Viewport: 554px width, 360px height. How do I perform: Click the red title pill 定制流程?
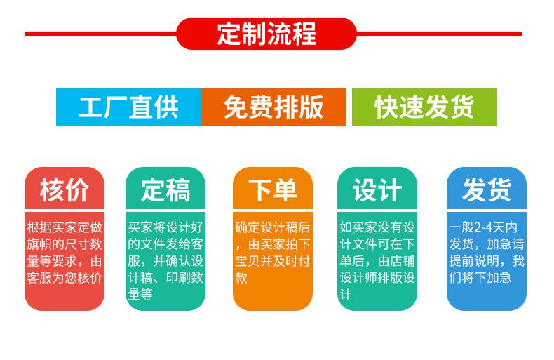coord(266,34)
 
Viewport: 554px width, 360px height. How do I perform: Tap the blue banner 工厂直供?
coord(128,107)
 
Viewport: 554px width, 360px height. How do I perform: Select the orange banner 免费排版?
coord(273,107)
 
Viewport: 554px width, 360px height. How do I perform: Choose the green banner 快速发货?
coord(424,107)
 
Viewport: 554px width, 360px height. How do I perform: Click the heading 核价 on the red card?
coord(65,190)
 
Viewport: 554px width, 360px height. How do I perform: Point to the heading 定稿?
coord(165,190)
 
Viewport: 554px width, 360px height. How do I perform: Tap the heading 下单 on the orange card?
coord(273,190)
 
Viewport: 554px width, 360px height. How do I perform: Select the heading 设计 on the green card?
coord(377,190)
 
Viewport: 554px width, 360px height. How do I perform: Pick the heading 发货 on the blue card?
coord(487,190)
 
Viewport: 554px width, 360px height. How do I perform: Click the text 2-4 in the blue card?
coord(483,227)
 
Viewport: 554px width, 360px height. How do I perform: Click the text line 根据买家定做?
coord(65,227)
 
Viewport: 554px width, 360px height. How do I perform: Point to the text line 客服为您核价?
coord(65,278)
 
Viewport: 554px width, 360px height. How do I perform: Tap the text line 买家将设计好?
coord(165,227)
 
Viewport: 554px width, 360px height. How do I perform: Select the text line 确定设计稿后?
coord(273,227)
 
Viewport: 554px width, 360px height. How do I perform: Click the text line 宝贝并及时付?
coord(273,261)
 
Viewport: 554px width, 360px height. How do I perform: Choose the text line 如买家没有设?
coord(377,227)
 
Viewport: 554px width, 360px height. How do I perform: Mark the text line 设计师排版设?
coord(377,278)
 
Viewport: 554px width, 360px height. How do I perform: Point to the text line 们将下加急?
coord(480,278)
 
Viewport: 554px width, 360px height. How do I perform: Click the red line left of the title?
coord(100,34)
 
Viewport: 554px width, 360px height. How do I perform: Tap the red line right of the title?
coord(439,34)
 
